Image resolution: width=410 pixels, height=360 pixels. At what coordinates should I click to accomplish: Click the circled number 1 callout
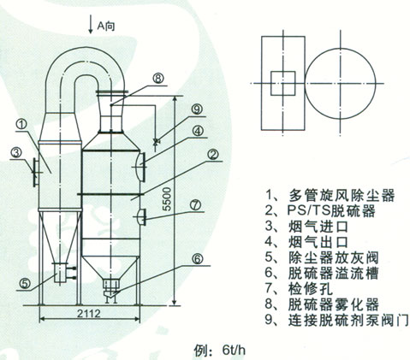click(21, 125)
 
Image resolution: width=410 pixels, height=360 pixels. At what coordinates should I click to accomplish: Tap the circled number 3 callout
click(15, 153)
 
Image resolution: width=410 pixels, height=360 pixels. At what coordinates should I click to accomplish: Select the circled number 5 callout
click(25, 284)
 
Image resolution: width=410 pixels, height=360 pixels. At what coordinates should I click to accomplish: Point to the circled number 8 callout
click(157, 78)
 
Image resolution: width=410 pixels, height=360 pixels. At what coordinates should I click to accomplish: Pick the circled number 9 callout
click(197, 109)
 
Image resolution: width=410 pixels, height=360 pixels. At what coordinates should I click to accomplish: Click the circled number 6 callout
click(197, 259)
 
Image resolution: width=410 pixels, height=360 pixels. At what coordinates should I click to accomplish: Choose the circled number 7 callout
click(196, 205)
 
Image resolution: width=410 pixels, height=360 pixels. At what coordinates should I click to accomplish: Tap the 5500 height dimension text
click(168, 199)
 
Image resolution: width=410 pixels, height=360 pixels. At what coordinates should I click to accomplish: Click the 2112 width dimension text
click(89, 314)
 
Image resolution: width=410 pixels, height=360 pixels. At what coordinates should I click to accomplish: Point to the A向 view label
click(106, 27)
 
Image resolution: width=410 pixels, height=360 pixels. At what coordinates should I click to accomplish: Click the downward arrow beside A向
click(91, 24)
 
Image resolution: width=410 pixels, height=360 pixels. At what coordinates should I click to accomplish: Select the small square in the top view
click(282, 83)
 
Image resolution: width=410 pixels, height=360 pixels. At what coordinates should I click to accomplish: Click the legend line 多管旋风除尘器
click(330, 196)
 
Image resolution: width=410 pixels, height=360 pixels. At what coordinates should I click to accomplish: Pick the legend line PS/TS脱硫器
click(320, 211)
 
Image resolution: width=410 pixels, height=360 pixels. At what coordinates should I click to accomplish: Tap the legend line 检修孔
click(299, 289)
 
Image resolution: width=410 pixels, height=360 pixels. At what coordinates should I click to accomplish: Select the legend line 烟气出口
click(306, 242)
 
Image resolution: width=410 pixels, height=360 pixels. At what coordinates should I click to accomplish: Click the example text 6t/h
click(234, 351)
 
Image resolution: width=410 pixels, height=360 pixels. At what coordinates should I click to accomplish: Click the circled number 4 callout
click(198, 131)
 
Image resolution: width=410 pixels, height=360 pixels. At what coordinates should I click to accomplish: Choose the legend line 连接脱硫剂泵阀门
click(337, 320)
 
